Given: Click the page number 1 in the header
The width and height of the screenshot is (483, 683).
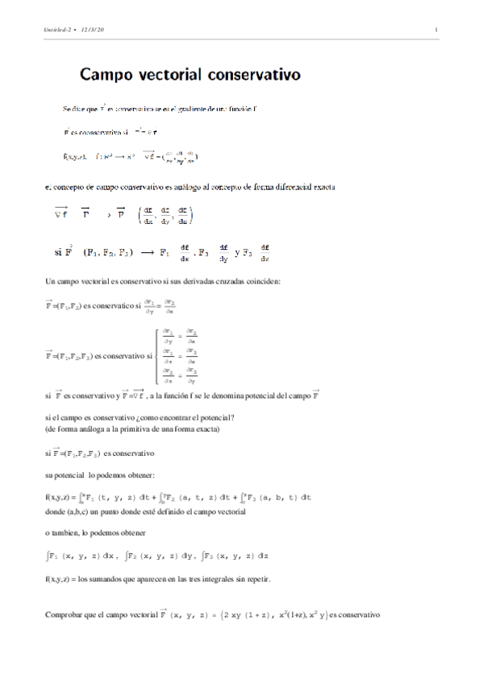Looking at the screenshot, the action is click(436, 31).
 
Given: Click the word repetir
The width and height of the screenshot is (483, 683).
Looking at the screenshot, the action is click(255, 578).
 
